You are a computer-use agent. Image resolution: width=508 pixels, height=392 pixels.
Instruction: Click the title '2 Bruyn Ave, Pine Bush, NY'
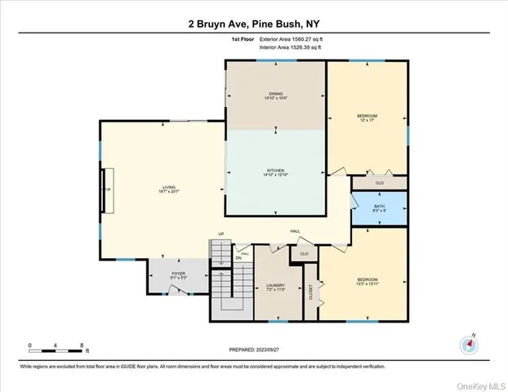tap(254, 23)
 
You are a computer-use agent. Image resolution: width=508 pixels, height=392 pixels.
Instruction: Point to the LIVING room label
tap(167, 190)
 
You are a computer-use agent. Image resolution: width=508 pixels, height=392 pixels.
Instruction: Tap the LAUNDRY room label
tap(274, 287)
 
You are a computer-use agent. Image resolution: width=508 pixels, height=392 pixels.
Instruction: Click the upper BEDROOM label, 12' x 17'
tap(367, 119)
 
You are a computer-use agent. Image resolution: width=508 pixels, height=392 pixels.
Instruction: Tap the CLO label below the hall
tap(304, 254)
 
